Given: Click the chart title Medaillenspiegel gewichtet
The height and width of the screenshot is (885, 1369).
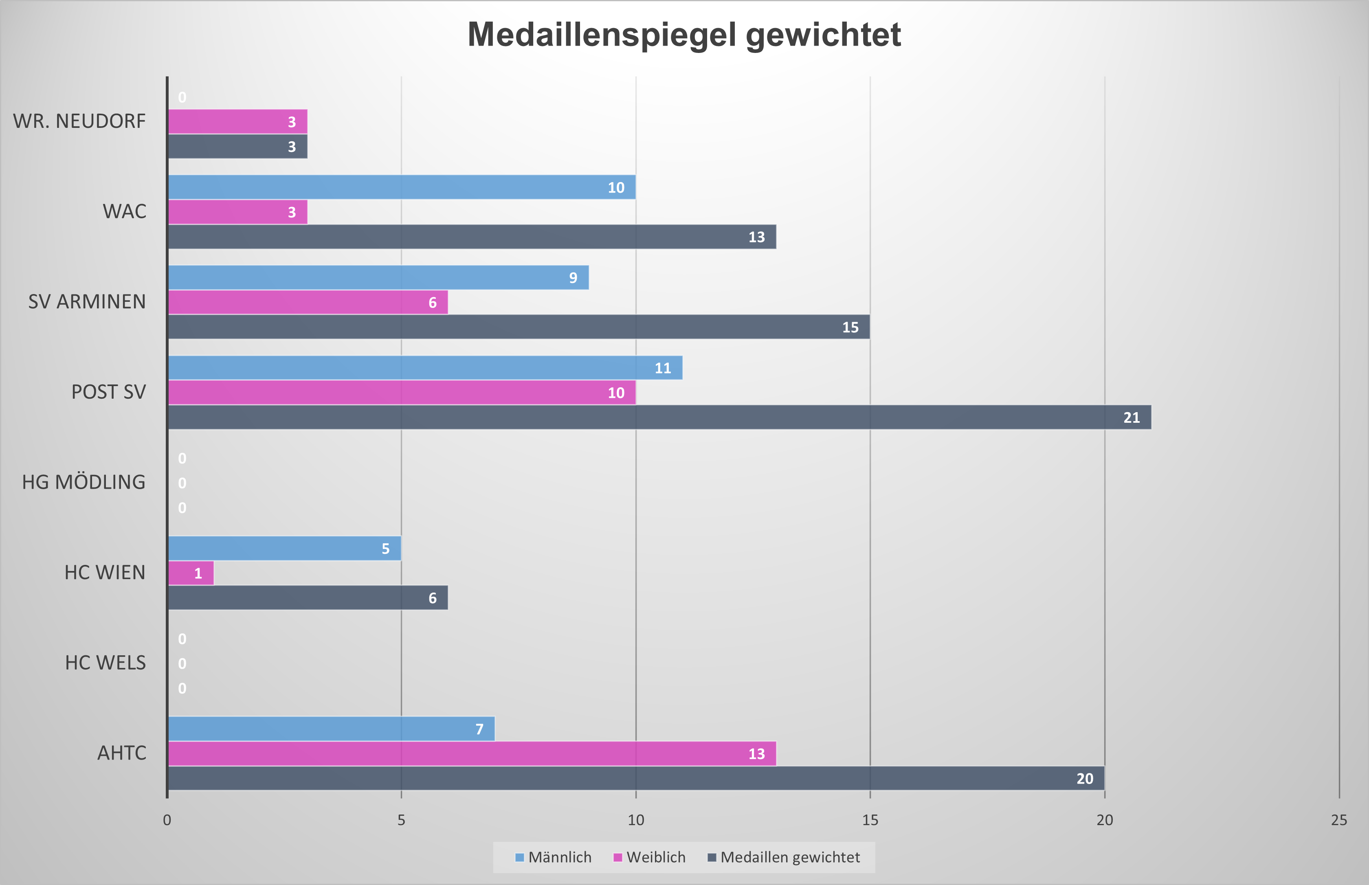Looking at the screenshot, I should click(x=684, y=35).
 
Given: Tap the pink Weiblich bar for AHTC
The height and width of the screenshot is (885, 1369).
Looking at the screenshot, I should click(x=471, y=753).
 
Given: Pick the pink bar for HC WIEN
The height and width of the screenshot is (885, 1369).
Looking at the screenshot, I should click(x=190, y=573).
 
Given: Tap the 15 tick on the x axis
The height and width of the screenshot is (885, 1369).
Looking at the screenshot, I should click(x=870, y=820).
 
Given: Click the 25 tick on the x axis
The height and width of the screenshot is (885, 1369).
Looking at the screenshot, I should click(x=1338, y=820).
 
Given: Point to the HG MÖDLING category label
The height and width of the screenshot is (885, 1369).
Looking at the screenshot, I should click(x=84, y=482).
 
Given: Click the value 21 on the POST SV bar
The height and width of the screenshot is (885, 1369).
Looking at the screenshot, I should click(x=1131, y=418).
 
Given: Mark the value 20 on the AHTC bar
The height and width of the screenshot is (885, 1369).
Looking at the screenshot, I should click(x=1085, y=779).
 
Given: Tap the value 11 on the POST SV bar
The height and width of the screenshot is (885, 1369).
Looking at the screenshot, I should click(x=663, y=368).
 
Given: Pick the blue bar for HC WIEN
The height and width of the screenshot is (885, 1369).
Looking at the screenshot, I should click(x=284, y=548).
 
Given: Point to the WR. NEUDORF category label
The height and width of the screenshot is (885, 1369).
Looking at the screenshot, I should click(x=79, y=121).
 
